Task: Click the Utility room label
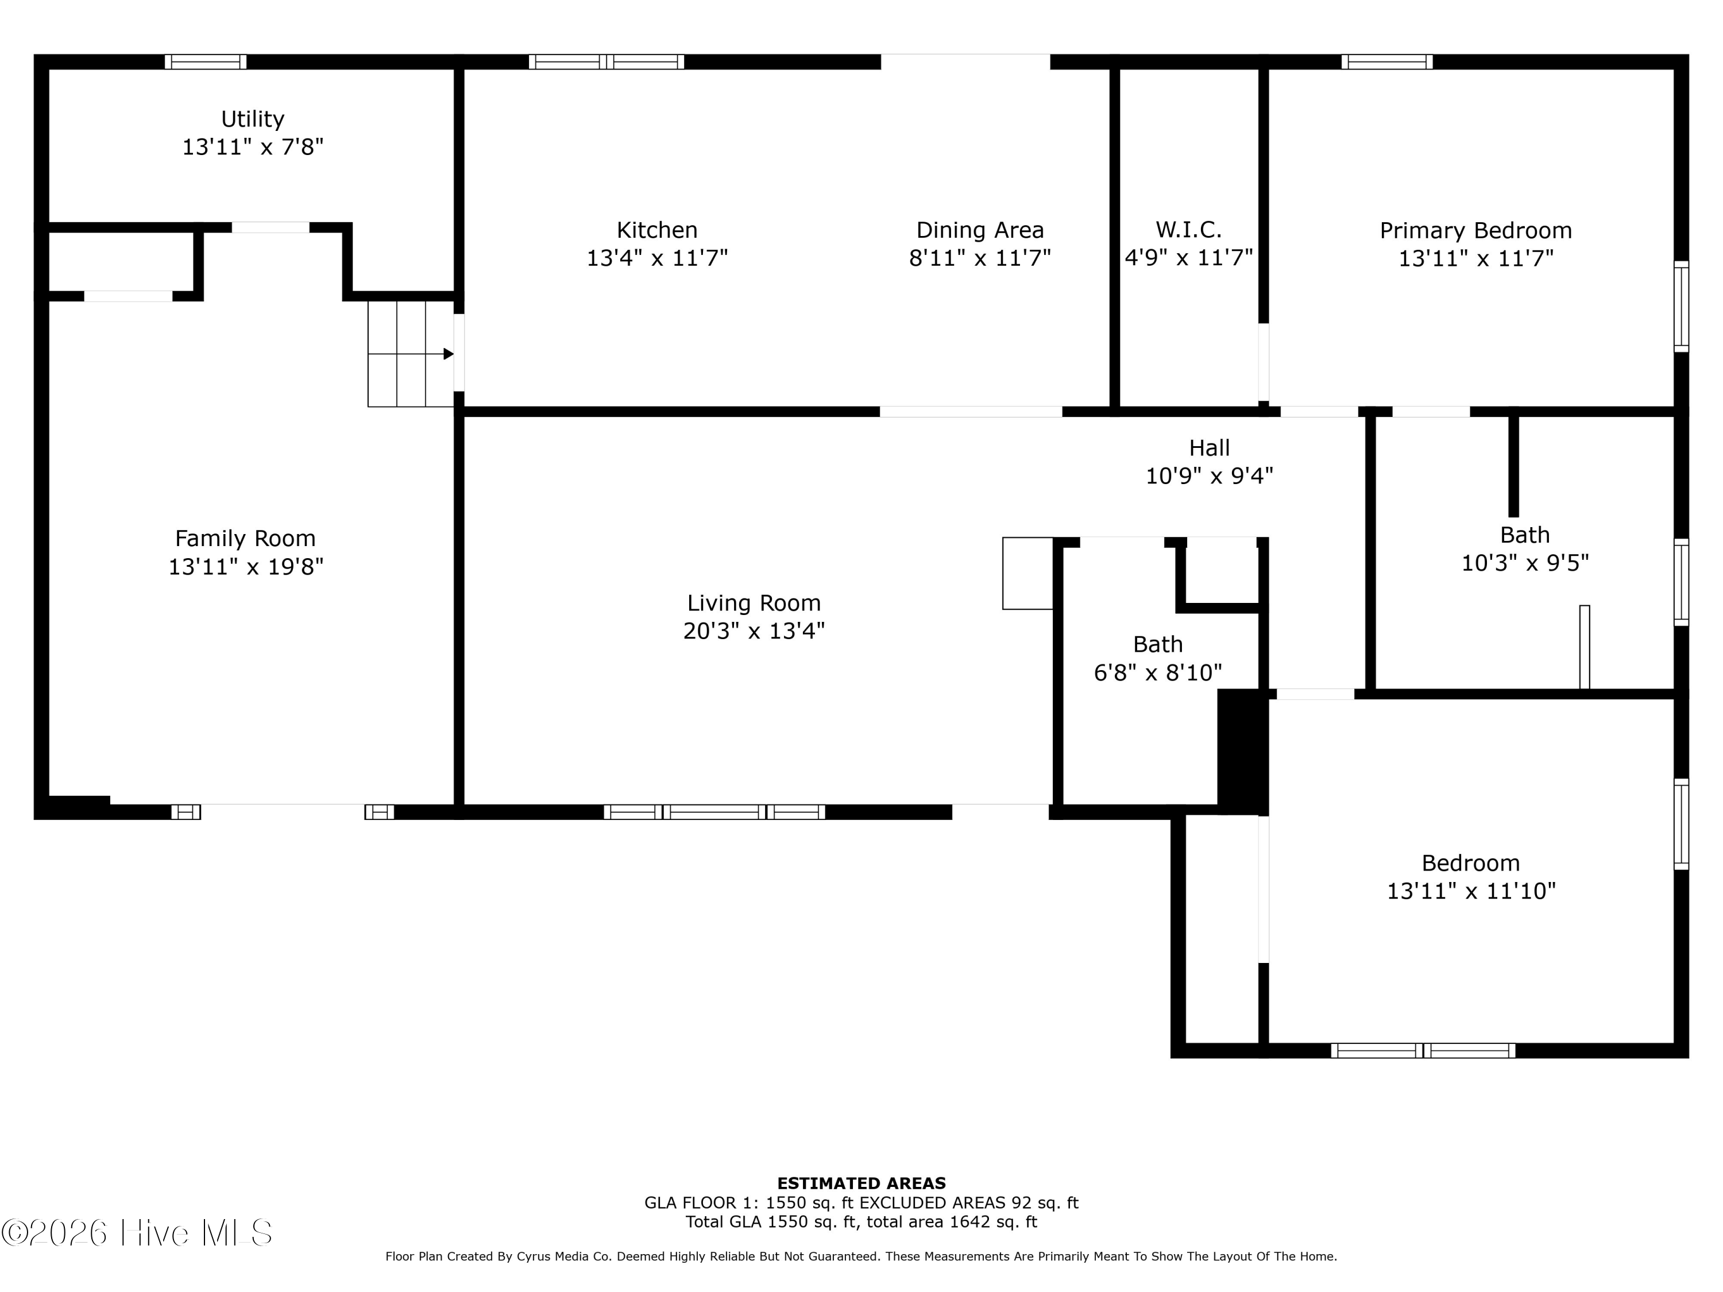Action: [252, 119]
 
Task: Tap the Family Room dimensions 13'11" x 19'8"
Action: [246, 566]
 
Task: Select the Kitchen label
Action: [656, 230]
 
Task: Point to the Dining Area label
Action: [980, 230]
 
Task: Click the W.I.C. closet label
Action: [1189, 230]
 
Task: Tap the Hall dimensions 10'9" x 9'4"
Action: [1209, 475]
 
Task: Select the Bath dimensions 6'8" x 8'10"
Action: [1157, 672]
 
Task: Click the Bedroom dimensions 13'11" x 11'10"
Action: [1471, 890]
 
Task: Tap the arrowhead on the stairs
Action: [449, 354]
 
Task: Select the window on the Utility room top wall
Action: [206, 61]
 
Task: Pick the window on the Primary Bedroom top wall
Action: [1386, 61]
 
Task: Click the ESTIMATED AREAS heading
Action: [861, 1183]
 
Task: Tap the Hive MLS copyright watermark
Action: [137, 1233]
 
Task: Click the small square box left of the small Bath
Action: [1027, 573]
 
